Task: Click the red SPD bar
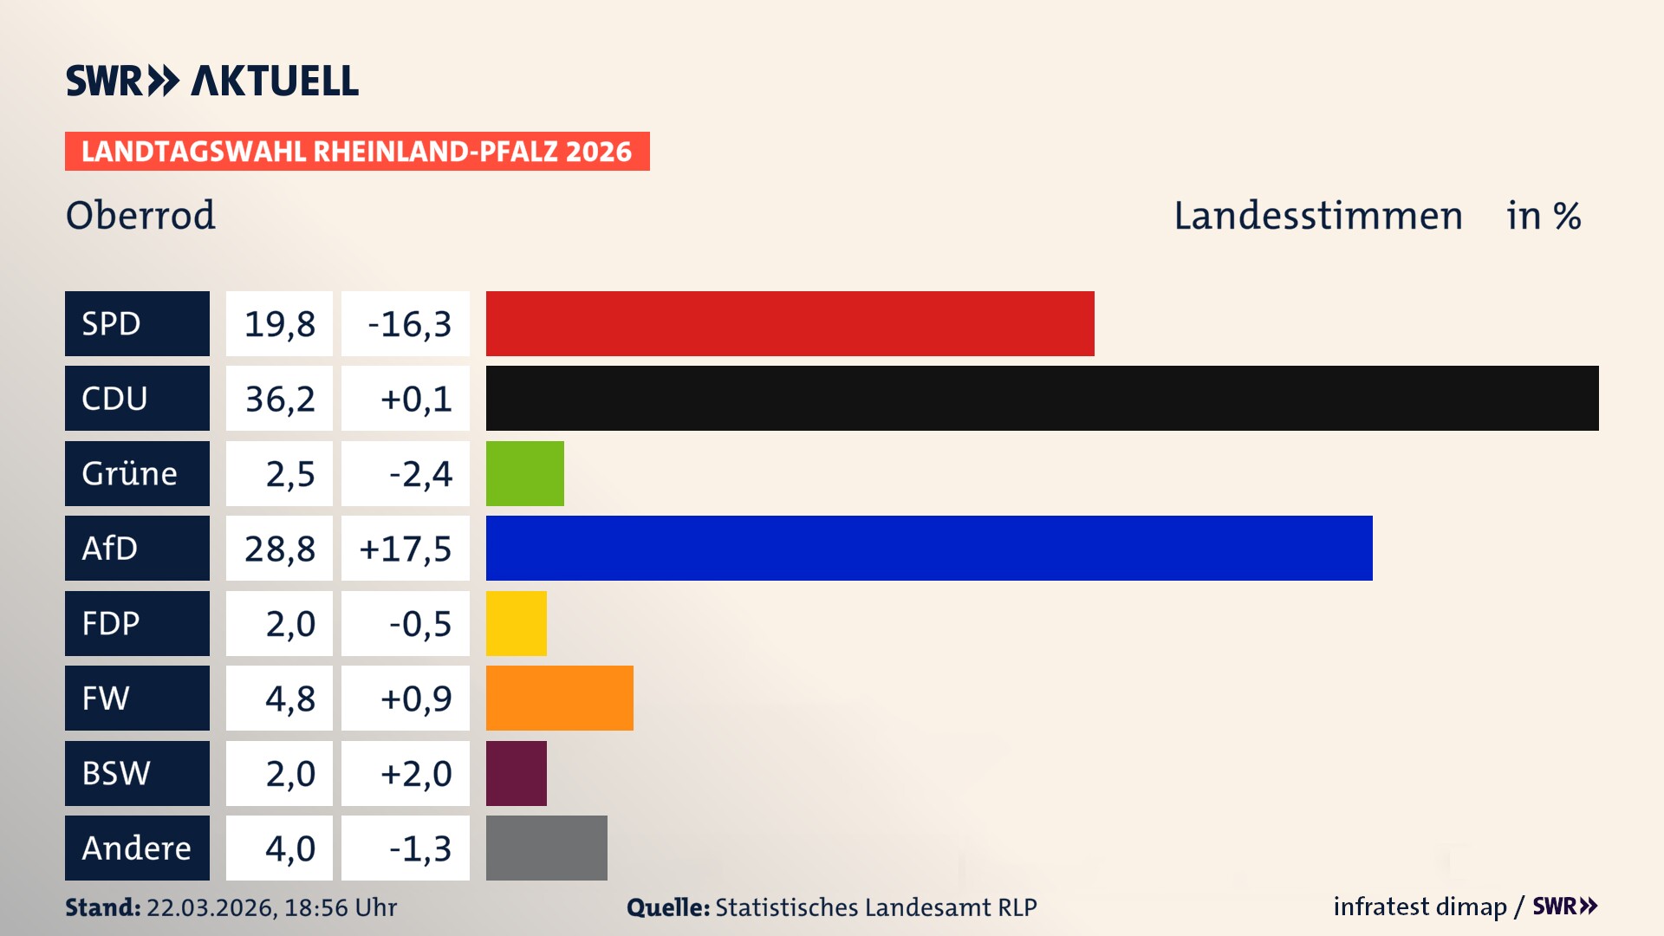coord(790,323)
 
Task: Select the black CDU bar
coord(1042,398)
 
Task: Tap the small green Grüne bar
coord(524,473)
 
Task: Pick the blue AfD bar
coord(929,548)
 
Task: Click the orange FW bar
coord(559,698)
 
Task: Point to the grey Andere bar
coord(546,848)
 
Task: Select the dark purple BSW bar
coord(516,773)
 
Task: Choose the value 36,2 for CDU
coord(279,399)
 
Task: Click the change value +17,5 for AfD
coord(406,549)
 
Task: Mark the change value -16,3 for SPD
coord(409,324)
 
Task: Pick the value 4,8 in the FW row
coord(289,699)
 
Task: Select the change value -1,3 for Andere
coord(419,848)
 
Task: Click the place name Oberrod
coord(140,215)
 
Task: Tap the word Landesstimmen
coord(1317,216)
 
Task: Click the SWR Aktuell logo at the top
coord(212,81)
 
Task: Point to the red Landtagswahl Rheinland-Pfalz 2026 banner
coord(357,152)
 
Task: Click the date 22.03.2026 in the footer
coord(211,907)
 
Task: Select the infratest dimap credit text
coord(1420,907)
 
